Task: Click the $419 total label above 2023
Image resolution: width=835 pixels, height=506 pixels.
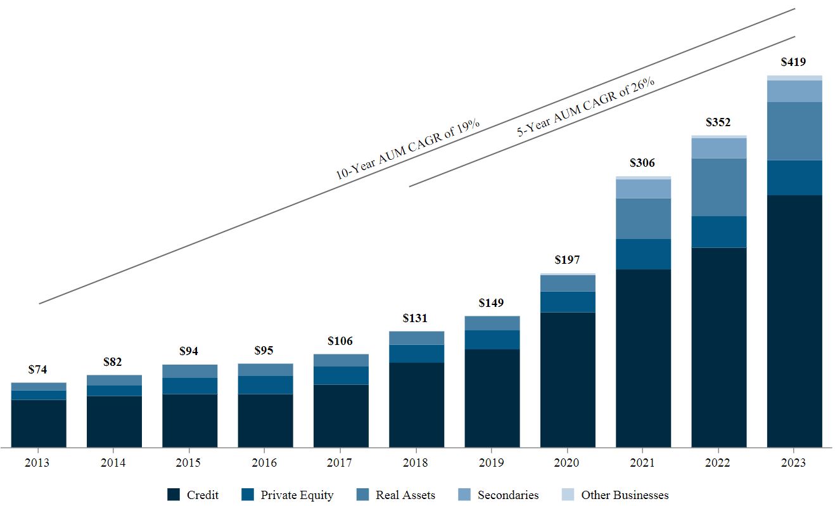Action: (x=794, y=62)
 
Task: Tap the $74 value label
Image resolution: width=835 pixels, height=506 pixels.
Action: (x=38, y=370)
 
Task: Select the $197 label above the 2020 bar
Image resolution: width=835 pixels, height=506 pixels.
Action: (x=567, y=260)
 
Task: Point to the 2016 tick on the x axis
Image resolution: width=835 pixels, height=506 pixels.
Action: (x=264, y=463)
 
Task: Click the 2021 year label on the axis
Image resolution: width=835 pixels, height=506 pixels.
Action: (x=642, y=463)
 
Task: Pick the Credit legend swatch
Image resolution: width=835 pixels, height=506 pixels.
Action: (x=174, y=495)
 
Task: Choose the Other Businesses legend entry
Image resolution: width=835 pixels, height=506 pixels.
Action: (x=615, y=495)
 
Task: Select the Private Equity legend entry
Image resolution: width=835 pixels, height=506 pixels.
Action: (x=288, y=495)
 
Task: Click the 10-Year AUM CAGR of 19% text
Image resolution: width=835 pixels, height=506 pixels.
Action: (x=407, y=148)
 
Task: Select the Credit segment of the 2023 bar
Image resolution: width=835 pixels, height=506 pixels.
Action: (x=794, y=321)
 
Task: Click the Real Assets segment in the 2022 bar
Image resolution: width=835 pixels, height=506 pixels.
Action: (x=718, y=187)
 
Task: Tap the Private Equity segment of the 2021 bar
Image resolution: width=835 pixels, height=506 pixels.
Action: (x=642, y=254)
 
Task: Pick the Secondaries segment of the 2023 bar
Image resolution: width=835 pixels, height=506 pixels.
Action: (x=794, y=91)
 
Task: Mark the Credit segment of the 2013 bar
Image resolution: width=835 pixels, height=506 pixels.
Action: (x=38, y=424)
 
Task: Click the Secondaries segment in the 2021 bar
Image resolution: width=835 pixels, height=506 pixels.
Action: (x=642, y=189)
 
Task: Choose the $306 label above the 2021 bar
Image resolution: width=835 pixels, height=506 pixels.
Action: (x=642, y=164)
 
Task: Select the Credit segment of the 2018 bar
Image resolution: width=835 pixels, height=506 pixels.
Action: (x=416, y=405)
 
